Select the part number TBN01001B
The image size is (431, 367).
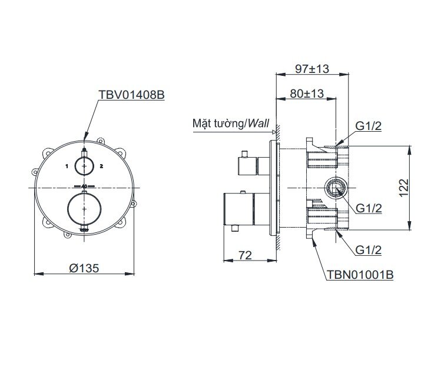coord(359,275)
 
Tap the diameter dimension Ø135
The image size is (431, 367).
coord(84,267)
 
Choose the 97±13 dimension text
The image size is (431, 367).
coord(311,69)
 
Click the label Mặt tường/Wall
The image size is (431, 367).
coord(230,124)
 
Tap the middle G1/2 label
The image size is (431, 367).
coord(369,208)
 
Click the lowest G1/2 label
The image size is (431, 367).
coord(369,250)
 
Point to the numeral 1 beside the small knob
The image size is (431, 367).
coord(68,167)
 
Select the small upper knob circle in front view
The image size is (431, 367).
coord(85,166)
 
